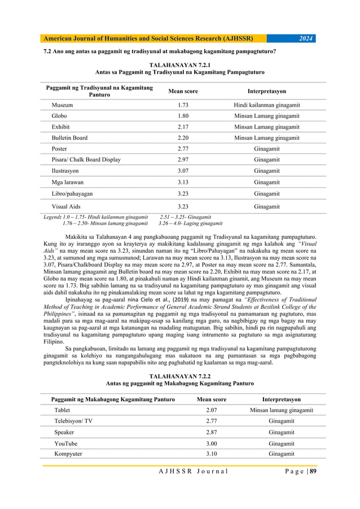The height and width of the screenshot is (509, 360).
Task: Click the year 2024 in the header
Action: click(x=306, y=38)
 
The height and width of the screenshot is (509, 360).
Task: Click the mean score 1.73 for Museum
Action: click(x=183, y=106)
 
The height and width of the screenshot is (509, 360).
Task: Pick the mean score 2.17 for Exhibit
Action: click(x=183, y=127)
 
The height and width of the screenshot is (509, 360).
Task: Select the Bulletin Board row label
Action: click(x=69, y=138)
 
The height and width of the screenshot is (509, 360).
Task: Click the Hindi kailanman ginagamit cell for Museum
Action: click(x=266, y=106)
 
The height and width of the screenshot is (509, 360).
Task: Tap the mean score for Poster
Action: click(x=183, y=148)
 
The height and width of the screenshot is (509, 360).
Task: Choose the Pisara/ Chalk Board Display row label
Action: click(x=86, y=160)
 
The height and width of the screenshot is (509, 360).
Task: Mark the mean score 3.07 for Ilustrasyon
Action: click(x=183, y=170)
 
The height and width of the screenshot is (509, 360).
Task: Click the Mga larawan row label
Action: click(x=67, y=182)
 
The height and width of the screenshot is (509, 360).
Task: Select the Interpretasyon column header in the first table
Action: click(x=266, y=91)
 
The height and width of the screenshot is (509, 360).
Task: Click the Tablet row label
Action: click(x=62, y=410)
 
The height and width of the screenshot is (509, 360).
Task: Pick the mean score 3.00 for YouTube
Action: click(x=211, y=444)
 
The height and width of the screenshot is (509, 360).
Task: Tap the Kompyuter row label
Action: click(x=68, y=454)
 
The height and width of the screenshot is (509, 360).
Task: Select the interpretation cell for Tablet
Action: click(x=281, y=410)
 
